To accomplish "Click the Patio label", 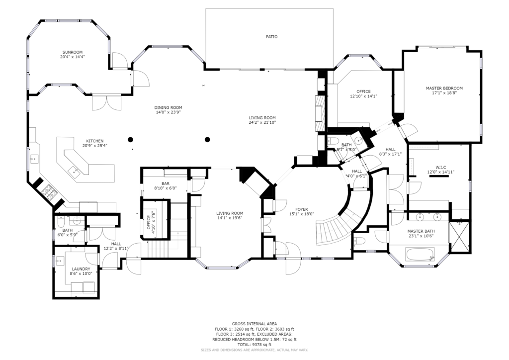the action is [x=272, y=37].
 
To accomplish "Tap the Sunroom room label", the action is [x=73, y=52].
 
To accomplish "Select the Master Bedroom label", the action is [x=444, y=88].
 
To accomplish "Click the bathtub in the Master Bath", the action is [x=420, y=254].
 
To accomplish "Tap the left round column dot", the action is [x=130, y=140].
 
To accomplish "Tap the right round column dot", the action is [x=207, y=140].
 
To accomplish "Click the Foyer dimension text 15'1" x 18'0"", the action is [x=302, y=214].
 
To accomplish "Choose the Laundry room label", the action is [x=81, y=269].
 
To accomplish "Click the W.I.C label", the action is [x=440, y=168].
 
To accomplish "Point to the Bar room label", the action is [x=165, y=184].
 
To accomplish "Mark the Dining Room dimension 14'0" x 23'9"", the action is [x=168, y=112].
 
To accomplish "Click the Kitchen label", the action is [x=95, y=141].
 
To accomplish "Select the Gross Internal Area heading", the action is [x=254, y=324].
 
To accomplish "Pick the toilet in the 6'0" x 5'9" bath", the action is [x=60, y=222].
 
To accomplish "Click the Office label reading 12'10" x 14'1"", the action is [x=363, y=96].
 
